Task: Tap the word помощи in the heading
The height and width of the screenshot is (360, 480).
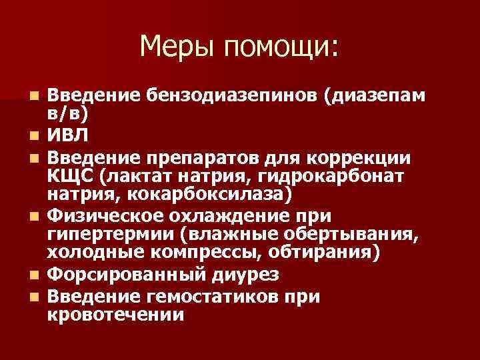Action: coord(281,48)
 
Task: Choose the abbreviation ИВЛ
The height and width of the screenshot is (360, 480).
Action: coord(71,138)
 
